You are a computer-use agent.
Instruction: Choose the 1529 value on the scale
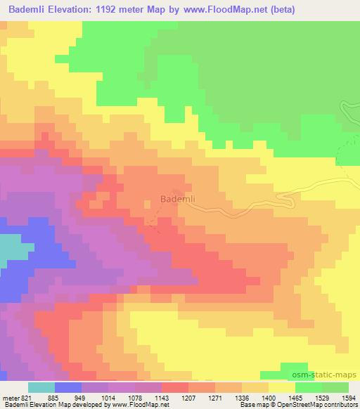(x=323, y=398)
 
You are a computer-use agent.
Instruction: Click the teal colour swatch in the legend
(x=41, y=387)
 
